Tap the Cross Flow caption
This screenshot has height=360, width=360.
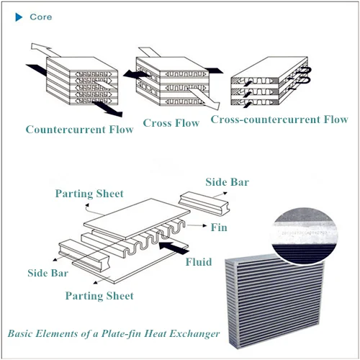[x=171, y=122]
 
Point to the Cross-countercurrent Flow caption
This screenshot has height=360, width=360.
[x=279, y=120]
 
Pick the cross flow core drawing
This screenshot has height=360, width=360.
[x=171, y=76]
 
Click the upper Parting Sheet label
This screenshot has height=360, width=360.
[x=90, y=193]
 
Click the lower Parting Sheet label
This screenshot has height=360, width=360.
[x=99, y=295]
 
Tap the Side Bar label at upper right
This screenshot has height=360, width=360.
[x=228, y=181]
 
